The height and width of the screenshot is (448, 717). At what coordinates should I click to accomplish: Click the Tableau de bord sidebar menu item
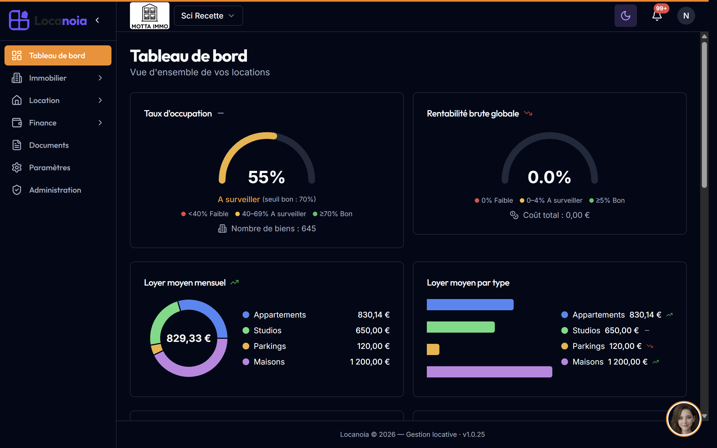[x=58, y=55]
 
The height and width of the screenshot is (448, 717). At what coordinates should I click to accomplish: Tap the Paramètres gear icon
[x=17, y=167]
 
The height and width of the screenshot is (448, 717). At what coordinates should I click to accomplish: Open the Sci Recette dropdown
[x=208, y=16]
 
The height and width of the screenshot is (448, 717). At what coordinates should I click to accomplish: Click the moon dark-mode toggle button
[x=625, y=16]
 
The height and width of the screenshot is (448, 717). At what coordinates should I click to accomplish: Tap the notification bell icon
[x=657, y=16]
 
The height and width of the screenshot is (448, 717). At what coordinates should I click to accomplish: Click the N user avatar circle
[x=686, y=16]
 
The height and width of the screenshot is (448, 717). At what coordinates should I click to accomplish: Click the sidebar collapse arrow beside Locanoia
[x=97, y=20]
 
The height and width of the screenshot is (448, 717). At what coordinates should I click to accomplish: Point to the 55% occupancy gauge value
[x=266, y=177]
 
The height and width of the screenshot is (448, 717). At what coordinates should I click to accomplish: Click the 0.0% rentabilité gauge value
[x=549, y=177]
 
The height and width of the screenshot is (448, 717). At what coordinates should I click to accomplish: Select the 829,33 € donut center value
[x=189, y=338]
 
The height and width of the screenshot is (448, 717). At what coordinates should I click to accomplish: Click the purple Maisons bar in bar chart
[x=490, y=372]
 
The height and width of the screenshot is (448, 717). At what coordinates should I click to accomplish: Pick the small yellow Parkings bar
[x=433, y=349]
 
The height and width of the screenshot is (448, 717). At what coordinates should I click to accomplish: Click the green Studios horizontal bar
[x=461, y=327]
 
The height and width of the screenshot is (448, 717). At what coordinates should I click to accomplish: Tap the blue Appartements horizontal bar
[x=470, y=305]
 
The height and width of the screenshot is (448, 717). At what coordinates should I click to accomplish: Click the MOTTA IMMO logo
[x=150, y=16]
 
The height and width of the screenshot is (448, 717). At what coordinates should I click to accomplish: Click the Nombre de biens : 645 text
[x=273, y=228]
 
